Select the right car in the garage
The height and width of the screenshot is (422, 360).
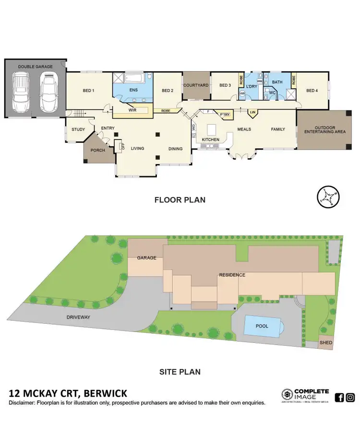pyautogui.click(x=48, y=91)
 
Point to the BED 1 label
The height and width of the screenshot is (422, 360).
pyautogui.click(x=88, y=91)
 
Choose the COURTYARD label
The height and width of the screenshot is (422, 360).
pyautogui.click(x=196, y=85)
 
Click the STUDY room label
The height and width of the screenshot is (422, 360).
pyautogui.click(x=78, y=129)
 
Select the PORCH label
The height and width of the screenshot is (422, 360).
pyautogui.click(x=97, y=150)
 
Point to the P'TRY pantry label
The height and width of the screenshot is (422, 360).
pyautogui.click(x=224, y=115)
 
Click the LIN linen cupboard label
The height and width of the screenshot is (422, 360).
pyautogui.click(x=253, y=113)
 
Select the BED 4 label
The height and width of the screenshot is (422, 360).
pyautogui.click(x=312, y=91)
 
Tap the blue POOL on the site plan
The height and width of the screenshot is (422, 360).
pyautogui.click(x=262, y=326)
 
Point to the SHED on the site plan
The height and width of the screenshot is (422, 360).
pyautogui.click(x=326, y=343)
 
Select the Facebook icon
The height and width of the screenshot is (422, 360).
pyautogui.click(x=339, y=397)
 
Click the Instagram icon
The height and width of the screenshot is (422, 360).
pyautogui.click(x=350, y=397)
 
